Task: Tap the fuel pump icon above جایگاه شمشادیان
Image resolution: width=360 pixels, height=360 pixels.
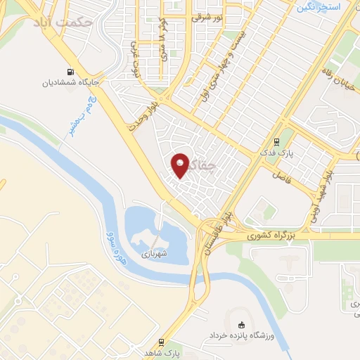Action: pos(70,71)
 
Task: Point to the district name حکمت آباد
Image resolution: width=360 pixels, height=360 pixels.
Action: pos(63,22)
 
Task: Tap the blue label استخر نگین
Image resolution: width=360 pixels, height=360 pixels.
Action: pos(318,7)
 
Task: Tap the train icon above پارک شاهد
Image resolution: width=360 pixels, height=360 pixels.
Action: pos(162,342)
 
